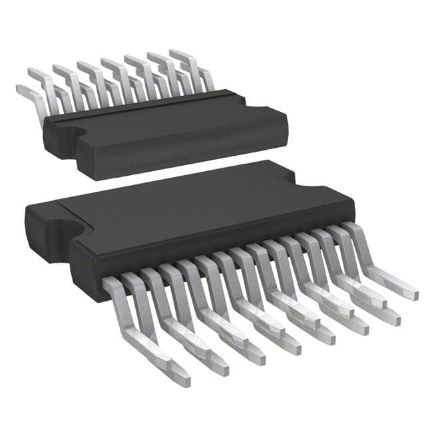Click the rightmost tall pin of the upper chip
pos(193,67)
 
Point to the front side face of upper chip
pos(180,150)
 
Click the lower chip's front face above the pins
pos(200,250)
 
